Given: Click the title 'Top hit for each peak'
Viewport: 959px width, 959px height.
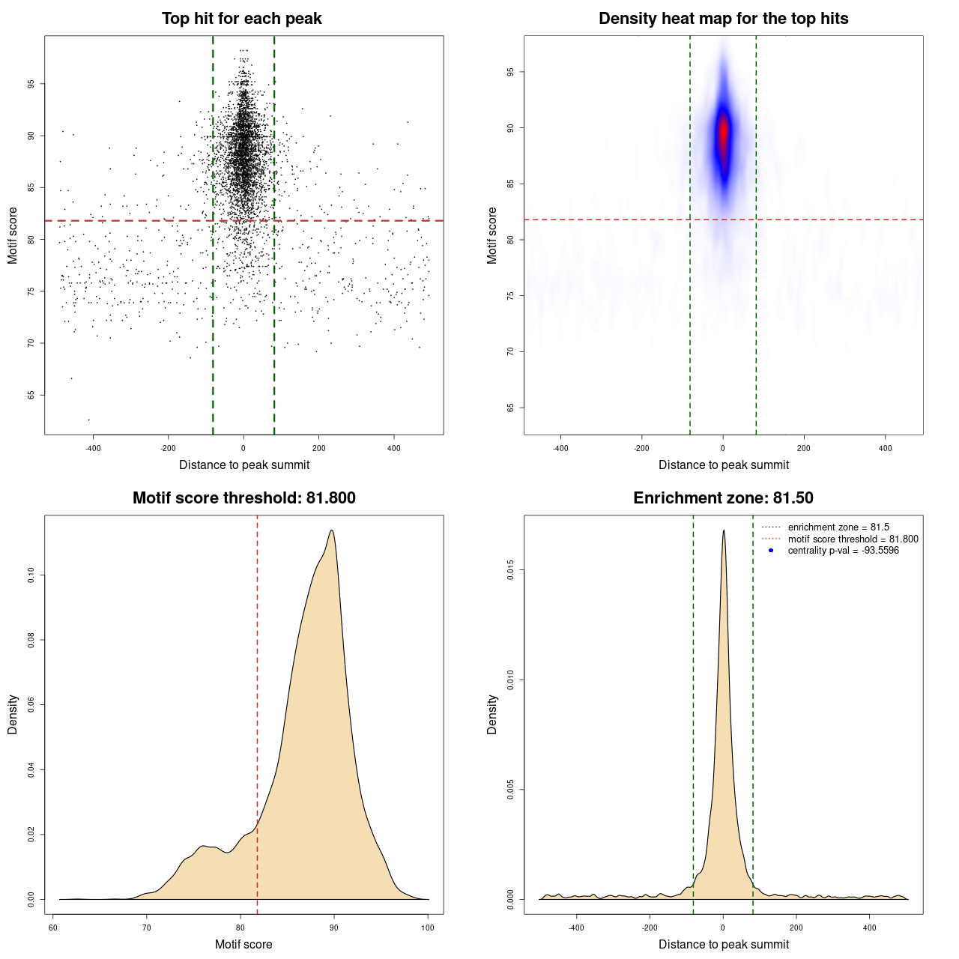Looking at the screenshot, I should (x=241, y=19).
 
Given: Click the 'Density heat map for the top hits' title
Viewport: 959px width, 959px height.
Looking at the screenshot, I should (x=723, y=19).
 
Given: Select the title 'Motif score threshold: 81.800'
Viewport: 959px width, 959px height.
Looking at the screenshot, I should (x=243, y=498).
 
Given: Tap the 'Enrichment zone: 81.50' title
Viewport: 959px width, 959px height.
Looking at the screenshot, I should (x=723, y=498).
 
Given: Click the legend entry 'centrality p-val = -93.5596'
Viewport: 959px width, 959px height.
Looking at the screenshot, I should (x=843, y=551).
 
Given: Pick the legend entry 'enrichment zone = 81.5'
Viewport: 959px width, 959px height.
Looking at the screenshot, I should (x=838, y=527).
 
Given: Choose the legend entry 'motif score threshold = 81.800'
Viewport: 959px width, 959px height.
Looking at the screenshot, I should (x=853, y=539).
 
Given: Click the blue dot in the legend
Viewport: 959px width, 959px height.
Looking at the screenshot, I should (x=771, y=551).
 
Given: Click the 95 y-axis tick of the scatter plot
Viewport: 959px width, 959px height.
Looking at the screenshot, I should (x=31, y=84).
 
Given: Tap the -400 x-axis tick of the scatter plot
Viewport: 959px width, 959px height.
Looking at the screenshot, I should (x=93, y=449).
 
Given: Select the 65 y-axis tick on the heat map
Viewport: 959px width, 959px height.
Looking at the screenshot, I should (x=511, y=408).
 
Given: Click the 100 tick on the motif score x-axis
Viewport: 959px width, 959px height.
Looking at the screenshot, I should (x=428, y=928).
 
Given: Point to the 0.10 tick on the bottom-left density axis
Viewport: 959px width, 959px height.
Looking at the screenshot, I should (x=31, y=575).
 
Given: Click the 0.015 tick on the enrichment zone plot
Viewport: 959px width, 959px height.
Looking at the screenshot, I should (x=511, y=571).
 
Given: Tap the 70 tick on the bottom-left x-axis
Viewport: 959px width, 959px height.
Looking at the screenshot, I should (x=147, y=928).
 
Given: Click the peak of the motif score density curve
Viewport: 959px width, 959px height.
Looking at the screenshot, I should (x=331, y=531).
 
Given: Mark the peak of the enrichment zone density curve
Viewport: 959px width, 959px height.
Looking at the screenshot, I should (x=724, y=531).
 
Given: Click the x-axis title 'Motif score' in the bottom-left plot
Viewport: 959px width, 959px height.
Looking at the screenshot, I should (x=243, y=944).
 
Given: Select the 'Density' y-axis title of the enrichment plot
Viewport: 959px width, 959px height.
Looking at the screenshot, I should (x=492, y=714).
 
